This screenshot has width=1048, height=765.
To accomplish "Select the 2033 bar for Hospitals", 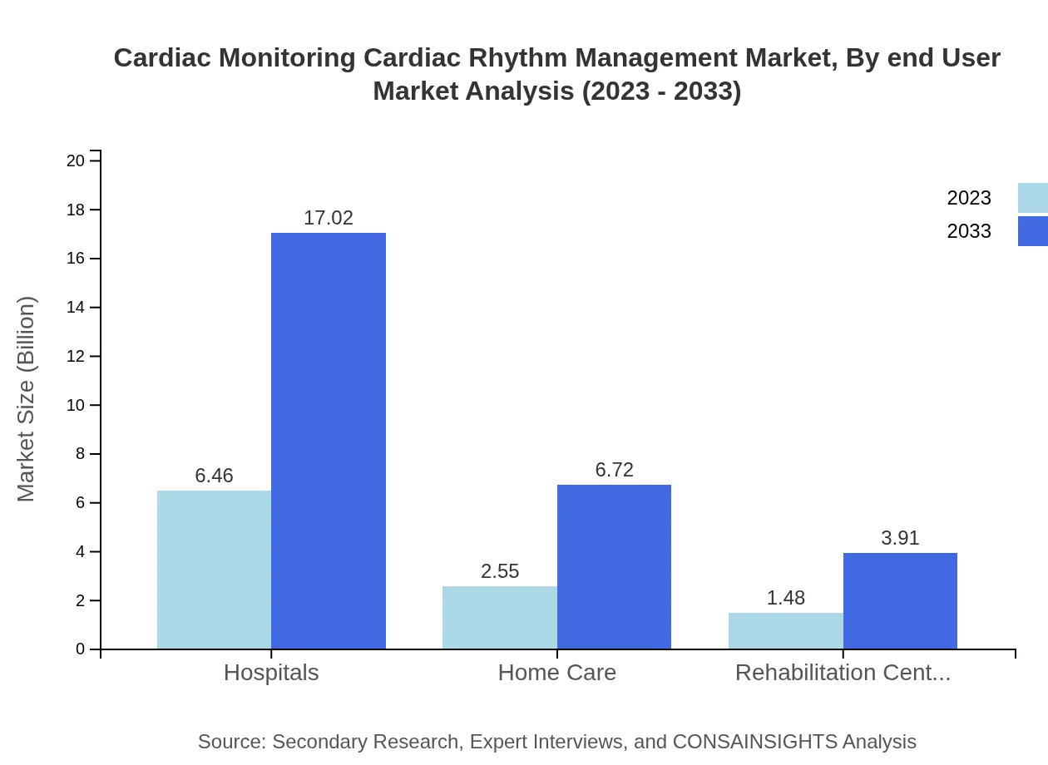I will (x=329, y=441).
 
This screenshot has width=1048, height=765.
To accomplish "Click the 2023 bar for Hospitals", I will (x=214, y=570).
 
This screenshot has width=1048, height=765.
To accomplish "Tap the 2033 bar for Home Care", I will (x=614, y=566).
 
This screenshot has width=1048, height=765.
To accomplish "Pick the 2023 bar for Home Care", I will (x=499, y=617).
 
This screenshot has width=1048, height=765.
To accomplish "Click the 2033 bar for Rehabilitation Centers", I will (x=900, y=600).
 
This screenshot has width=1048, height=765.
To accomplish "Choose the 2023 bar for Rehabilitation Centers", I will (x=785, y=630).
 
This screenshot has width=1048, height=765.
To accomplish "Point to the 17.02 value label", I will (x=329, y=218).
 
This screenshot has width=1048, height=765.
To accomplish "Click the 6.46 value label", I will (x=214, y=476).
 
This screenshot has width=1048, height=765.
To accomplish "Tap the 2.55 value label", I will (x=500, y=571).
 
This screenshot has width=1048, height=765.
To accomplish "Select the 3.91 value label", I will (x=900, y=538).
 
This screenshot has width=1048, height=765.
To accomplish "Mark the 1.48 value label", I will (x=785, y=598).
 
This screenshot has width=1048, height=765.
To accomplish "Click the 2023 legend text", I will (x=969, y=198).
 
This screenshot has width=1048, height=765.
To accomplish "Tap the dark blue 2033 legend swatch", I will (x=1032, y=231).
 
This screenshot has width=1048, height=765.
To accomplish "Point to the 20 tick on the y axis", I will (x=76, y=160).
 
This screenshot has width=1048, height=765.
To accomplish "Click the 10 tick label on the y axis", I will (x=76, y=405).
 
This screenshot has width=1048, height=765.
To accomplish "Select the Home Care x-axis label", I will (x=556, y=672).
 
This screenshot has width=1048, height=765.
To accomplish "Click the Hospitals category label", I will (x=271, y=672).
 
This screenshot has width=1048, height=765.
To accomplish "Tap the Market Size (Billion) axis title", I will (x=27, y=399).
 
